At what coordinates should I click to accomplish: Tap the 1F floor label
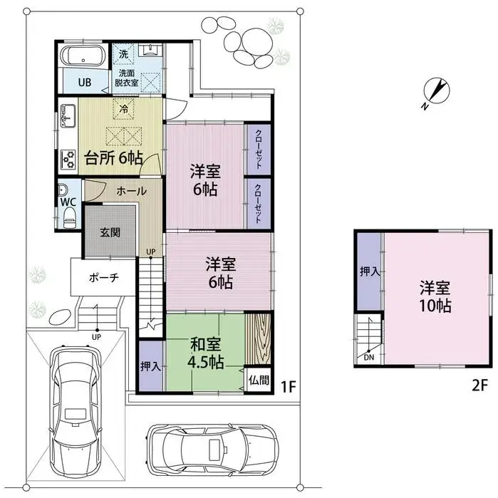288,387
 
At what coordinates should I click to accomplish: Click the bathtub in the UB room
83,57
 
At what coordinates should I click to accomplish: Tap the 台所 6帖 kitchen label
113,157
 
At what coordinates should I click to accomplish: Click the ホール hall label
132,191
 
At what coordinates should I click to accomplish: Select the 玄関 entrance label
110,232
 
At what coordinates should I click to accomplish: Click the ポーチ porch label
103,277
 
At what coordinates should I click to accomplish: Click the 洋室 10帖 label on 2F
435,297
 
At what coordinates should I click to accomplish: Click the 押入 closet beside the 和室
150,367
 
